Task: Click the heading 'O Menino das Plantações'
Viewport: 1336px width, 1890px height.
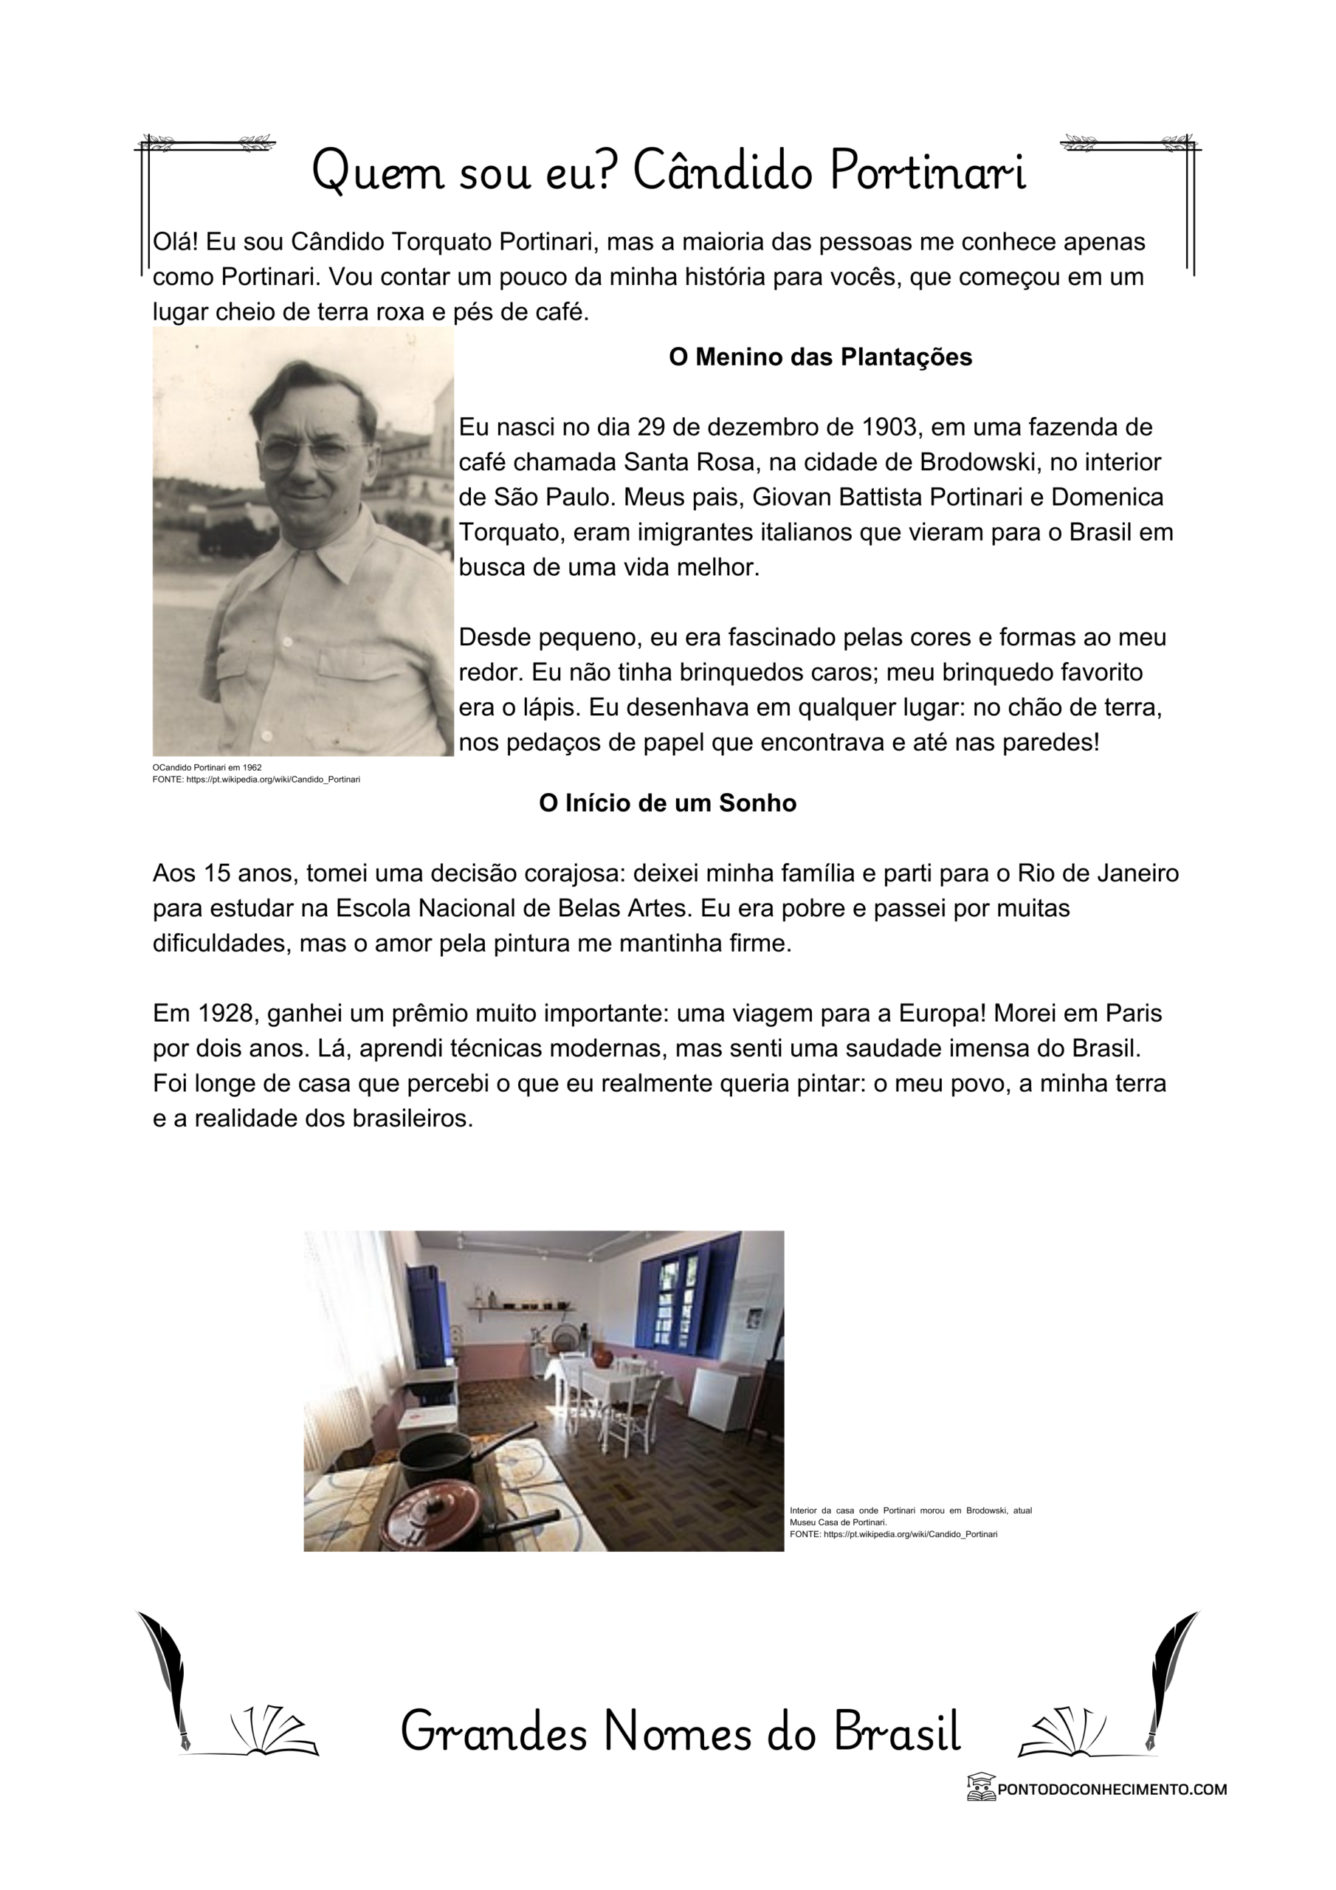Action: (x=820, y=357)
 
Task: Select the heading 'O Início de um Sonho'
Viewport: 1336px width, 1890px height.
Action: (x=667, y=803)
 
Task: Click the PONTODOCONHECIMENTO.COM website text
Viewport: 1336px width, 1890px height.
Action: (x=1112, y=1789)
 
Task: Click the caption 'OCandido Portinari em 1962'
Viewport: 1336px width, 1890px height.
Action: (x=207, y=767)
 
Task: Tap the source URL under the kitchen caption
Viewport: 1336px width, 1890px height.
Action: (x=894, y=1534)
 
